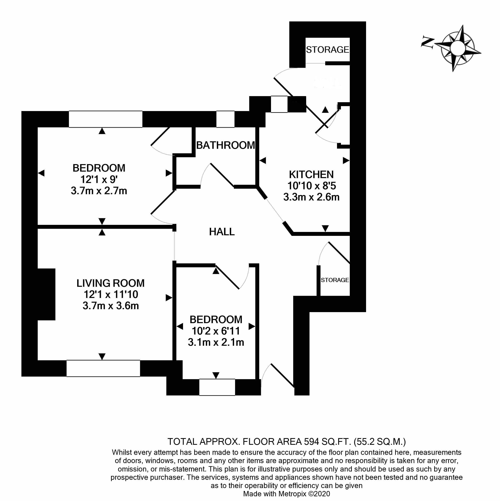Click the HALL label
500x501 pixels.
click(x=222, y=232)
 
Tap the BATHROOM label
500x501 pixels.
click(x=225, y=145)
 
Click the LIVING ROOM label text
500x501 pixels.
click(x=110, y=283)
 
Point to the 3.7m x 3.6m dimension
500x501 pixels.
click(x=111, y=306)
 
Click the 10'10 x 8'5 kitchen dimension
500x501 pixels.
click(x=311, y=186)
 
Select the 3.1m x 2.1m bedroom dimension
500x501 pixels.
click(x=216, y=342)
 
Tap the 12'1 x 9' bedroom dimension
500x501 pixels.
click(x=99, y=179)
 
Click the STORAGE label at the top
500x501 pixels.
click(x=327, y=50)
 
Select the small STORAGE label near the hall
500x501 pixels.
click(x=335, y=280)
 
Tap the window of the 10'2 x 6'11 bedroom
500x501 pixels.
click(x=217, y=387)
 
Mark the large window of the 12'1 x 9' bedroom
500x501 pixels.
click(x=105, y=119)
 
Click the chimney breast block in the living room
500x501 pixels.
click(x=47, y=294)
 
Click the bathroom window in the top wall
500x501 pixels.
click(x=225, y=119)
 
